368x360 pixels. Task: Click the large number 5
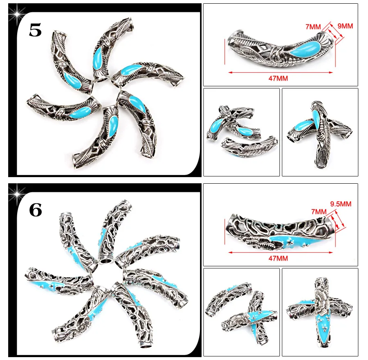coord(36,30)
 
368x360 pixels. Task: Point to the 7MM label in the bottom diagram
coord(319,211)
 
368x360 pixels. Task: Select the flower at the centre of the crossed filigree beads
coord(320,299)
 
